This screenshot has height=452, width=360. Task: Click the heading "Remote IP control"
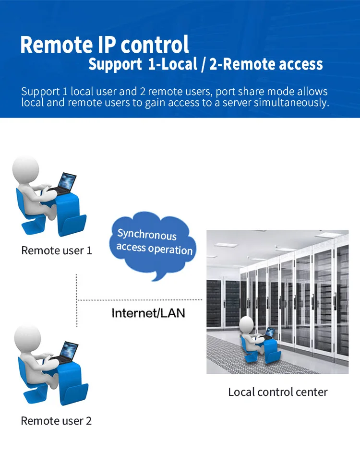coord(105,45)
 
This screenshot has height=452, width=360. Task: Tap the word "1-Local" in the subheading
coord(172,64)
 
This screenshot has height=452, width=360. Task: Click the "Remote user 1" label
coord(57,250)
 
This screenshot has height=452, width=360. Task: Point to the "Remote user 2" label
coord(56,421)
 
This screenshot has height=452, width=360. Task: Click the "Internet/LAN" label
coord(148,313)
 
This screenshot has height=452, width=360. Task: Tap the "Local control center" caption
coord(277,392)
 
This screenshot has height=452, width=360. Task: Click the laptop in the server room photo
coord(269,333)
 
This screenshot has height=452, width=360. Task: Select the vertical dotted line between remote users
coord(77,300)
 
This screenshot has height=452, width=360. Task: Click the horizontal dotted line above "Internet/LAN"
coord(139,300)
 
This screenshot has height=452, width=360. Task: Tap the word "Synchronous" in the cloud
coord(147,235)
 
